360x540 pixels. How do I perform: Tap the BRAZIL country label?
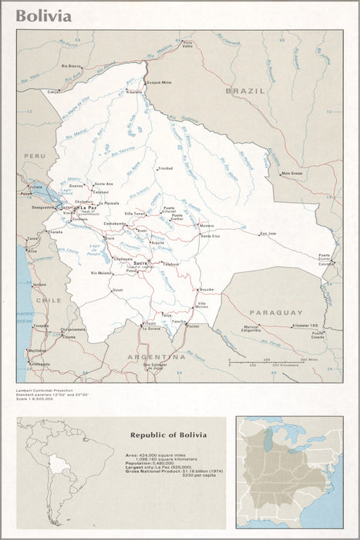point(245,91)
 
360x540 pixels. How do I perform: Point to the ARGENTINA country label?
point(158,357)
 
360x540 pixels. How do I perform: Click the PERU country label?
point(35,155)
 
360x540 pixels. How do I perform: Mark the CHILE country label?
point(49,300)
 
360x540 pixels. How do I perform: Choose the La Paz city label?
point(87,208)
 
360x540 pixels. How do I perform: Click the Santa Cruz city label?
point(210,235)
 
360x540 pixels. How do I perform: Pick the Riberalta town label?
point(134,91)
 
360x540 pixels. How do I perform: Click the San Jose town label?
point(267,233)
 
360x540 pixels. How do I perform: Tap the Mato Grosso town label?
point(291,174)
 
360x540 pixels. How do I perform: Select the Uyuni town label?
point(117,289)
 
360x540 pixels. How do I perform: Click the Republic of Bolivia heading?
point(168,435)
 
